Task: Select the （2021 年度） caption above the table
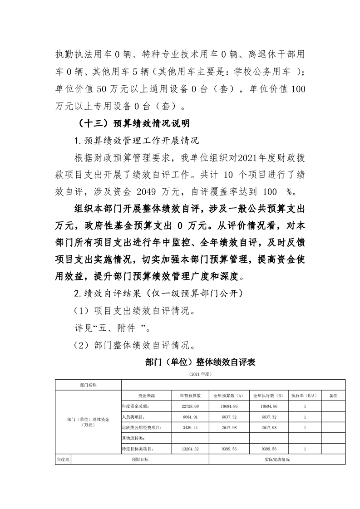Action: pyautogui.click(x=200, y=375)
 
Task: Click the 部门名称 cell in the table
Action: pyautogui.click(x=88, y=385)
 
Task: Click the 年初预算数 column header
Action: pyautogui.click(x=190, y=396)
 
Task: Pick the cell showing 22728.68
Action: pyautogui.click(x=190, y=406)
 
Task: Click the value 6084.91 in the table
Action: pyautogui.click(x=190, y=417)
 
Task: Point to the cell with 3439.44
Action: pyautogui.click(x=190, y=428)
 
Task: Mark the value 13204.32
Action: pyautogui.click(x=190, y=449)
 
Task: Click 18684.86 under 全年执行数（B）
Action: pyautogui.click(x=268, y=406)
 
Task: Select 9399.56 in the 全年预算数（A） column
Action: pyautogui.click(x=229, y=449)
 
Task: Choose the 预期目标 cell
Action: pyautogui.click(x=140, y=460)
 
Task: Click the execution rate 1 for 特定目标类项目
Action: pyautogui.click(x=305, y=449)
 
